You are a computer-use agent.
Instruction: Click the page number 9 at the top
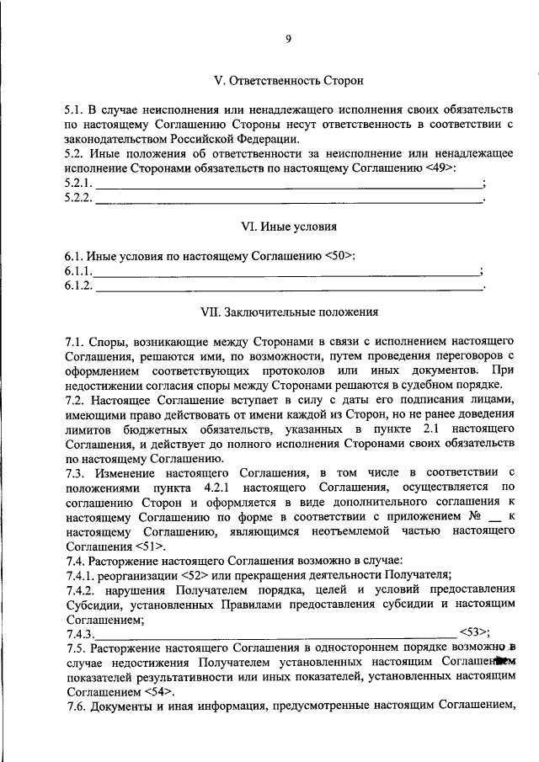(288, 38)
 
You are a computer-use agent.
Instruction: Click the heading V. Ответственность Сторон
(288, 82)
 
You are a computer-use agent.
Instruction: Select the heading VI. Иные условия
(288, 226)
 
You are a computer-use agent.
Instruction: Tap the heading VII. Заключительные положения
(288, 312)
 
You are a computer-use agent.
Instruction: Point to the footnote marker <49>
(441, 168)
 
